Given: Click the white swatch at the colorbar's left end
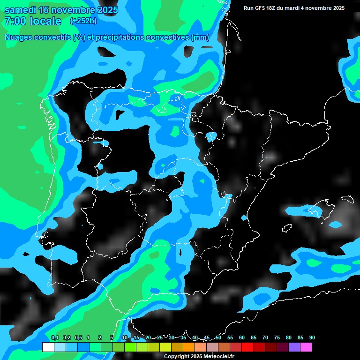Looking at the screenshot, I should point(48,347).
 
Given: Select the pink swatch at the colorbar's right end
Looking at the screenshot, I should point(306,347).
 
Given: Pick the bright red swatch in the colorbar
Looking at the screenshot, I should point(247,347).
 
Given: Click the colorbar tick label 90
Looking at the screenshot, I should point(312,337).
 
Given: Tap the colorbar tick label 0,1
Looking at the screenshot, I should point(55,337).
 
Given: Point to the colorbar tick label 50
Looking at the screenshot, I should point(218,337).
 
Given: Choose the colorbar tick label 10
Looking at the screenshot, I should point(125,337).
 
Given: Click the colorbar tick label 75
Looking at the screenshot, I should point(277,337).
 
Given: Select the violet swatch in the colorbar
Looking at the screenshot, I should point(294,347).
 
